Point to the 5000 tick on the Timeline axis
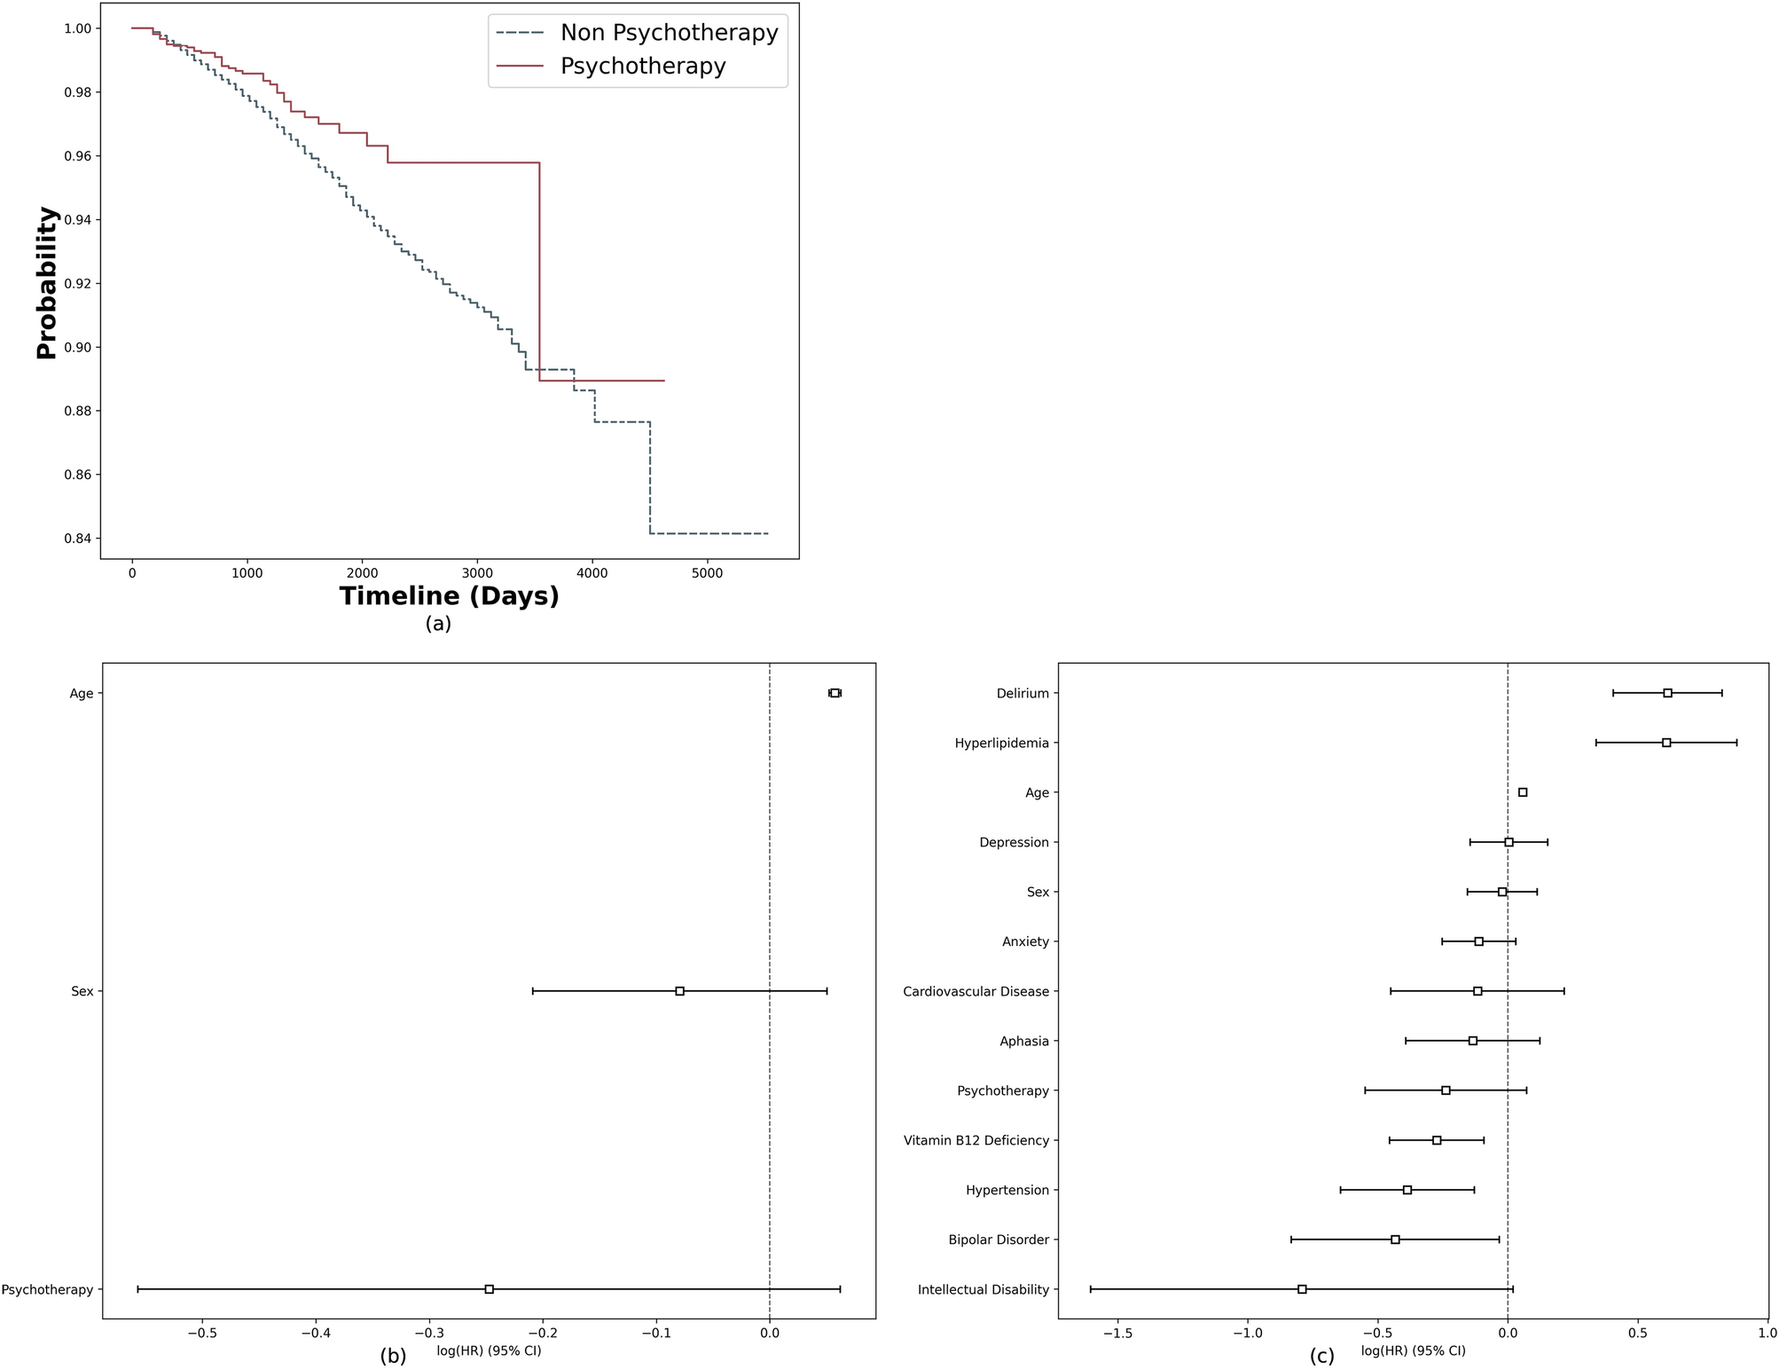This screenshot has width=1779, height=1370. coord(707,573)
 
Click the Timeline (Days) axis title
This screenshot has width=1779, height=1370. coord(450,596)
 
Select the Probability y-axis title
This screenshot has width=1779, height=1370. coord(47,283)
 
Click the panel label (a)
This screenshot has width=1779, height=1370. coord(438,624)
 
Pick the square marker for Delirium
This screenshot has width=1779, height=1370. coord(1667,693)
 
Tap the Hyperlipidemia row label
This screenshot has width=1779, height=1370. coord(1001,744)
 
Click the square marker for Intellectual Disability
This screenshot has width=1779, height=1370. coord(1302,1289)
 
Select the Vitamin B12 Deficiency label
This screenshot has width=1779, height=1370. coord(976,1141)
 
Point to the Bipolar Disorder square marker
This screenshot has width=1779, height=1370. coord(1395,1240)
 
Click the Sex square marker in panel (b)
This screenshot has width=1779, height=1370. coord(679,991)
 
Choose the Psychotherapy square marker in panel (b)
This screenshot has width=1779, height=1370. coord(489,1289)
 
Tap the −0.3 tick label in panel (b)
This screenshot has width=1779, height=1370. coord(429,1333)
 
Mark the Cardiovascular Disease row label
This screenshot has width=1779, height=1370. coord(976,992)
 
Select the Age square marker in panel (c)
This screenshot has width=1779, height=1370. coord(1523,792)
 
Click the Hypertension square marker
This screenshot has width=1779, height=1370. coord(1407,1190)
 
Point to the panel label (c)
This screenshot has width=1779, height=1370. coord(1321,1357)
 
